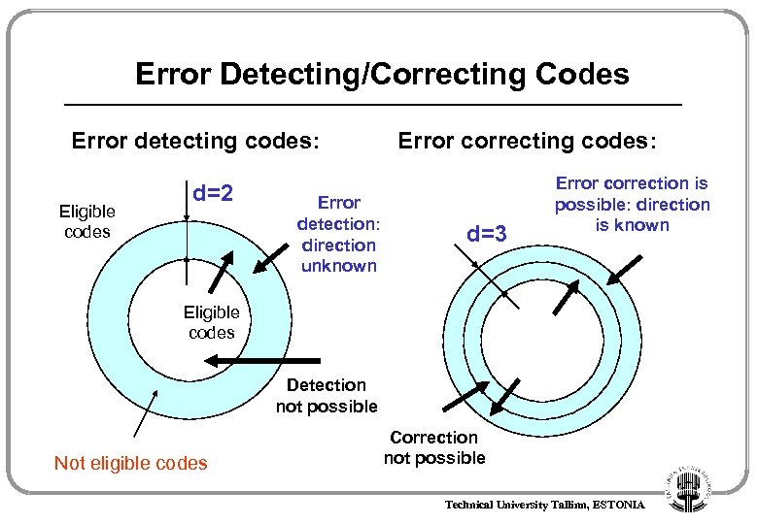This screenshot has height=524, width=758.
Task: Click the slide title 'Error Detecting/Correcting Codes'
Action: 382,74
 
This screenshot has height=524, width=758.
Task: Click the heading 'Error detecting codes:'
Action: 195,142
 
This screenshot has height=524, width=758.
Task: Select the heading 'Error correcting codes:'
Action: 528,142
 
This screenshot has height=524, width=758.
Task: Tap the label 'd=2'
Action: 213,193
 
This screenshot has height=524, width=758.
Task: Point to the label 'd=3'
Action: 487,234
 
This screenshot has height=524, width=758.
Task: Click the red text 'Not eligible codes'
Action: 131,463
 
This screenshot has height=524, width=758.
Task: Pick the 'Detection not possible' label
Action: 327,396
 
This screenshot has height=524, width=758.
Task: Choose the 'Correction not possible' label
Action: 434,447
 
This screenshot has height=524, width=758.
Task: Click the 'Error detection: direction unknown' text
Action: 339,234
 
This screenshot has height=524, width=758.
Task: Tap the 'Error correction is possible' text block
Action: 632,204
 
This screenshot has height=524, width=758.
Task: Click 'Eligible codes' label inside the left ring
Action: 211,322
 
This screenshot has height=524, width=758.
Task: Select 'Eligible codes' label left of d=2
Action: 86,221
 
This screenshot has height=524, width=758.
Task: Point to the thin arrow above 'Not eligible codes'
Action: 143,413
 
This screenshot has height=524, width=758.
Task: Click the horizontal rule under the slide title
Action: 372,104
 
